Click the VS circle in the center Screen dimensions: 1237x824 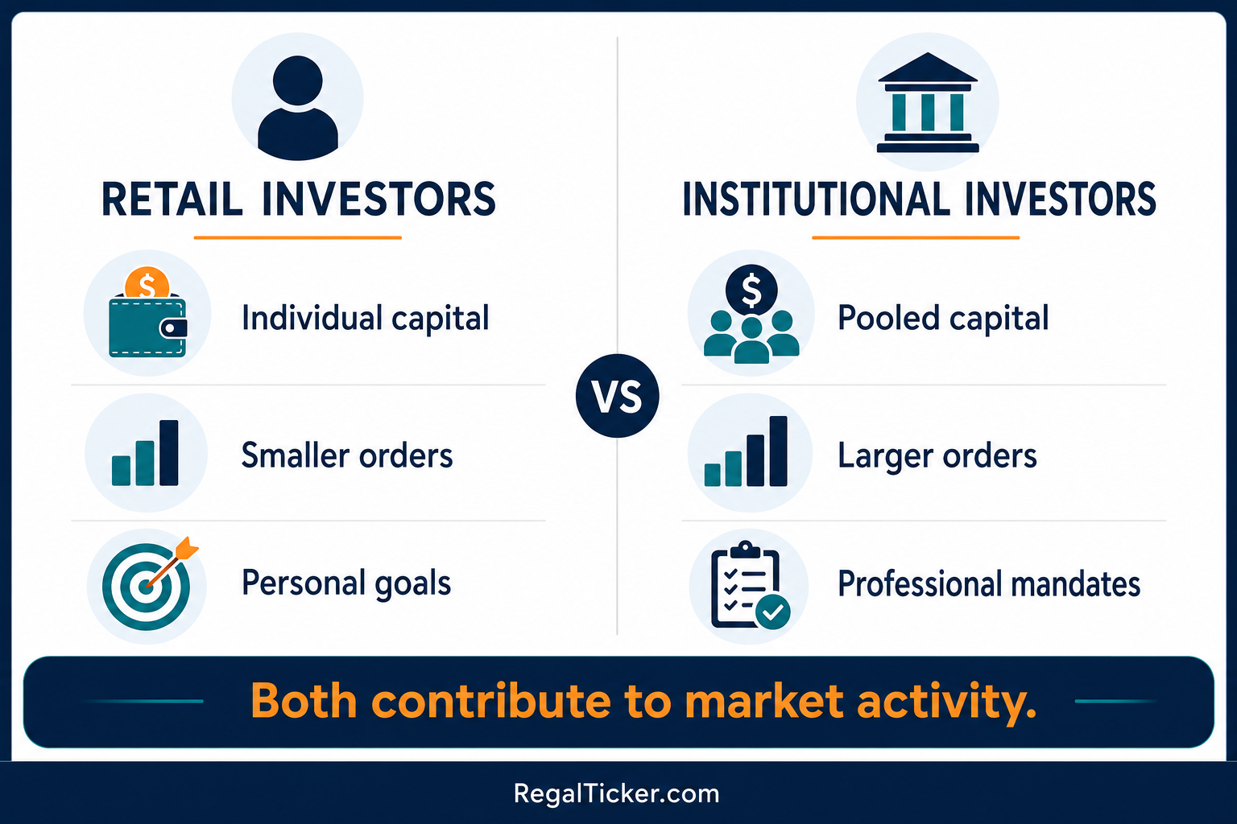coord(618,396)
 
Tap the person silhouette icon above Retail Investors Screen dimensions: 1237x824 coord(298,108)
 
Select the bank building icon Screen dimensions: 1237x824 coord(928,103)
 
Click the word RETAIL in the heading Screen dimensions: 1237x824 coord(172,200)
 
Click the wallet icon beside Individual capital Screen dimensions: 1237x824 coord(147,326)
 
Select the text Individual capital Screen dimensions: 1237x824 coord(365,319)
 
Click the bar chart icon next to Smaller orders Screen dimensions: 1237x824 coord(145,452)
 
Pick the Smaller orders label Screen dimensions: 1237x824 coord(347,455)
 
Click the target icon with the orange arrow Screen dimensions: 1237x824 coord(149,584)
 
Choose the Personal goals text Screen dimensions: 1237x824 coord(346,583)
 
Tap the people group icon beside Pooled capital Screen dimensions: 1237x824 coord(751,314)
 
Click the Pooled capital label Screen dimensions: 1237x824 coord(943,319)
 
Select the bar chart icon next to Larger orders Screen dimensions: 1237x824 coord(746,451)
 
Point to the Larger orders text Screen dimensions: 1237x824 coord(937,456)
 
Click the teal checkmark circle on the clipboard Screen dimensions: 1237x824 coord(772,612)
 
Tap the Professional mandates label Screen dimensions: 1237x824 coord(988,584)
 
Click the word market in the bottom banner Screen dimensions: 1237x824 coord(763,701)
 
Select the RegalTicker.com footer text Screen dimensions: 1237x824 coord(616,793)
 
